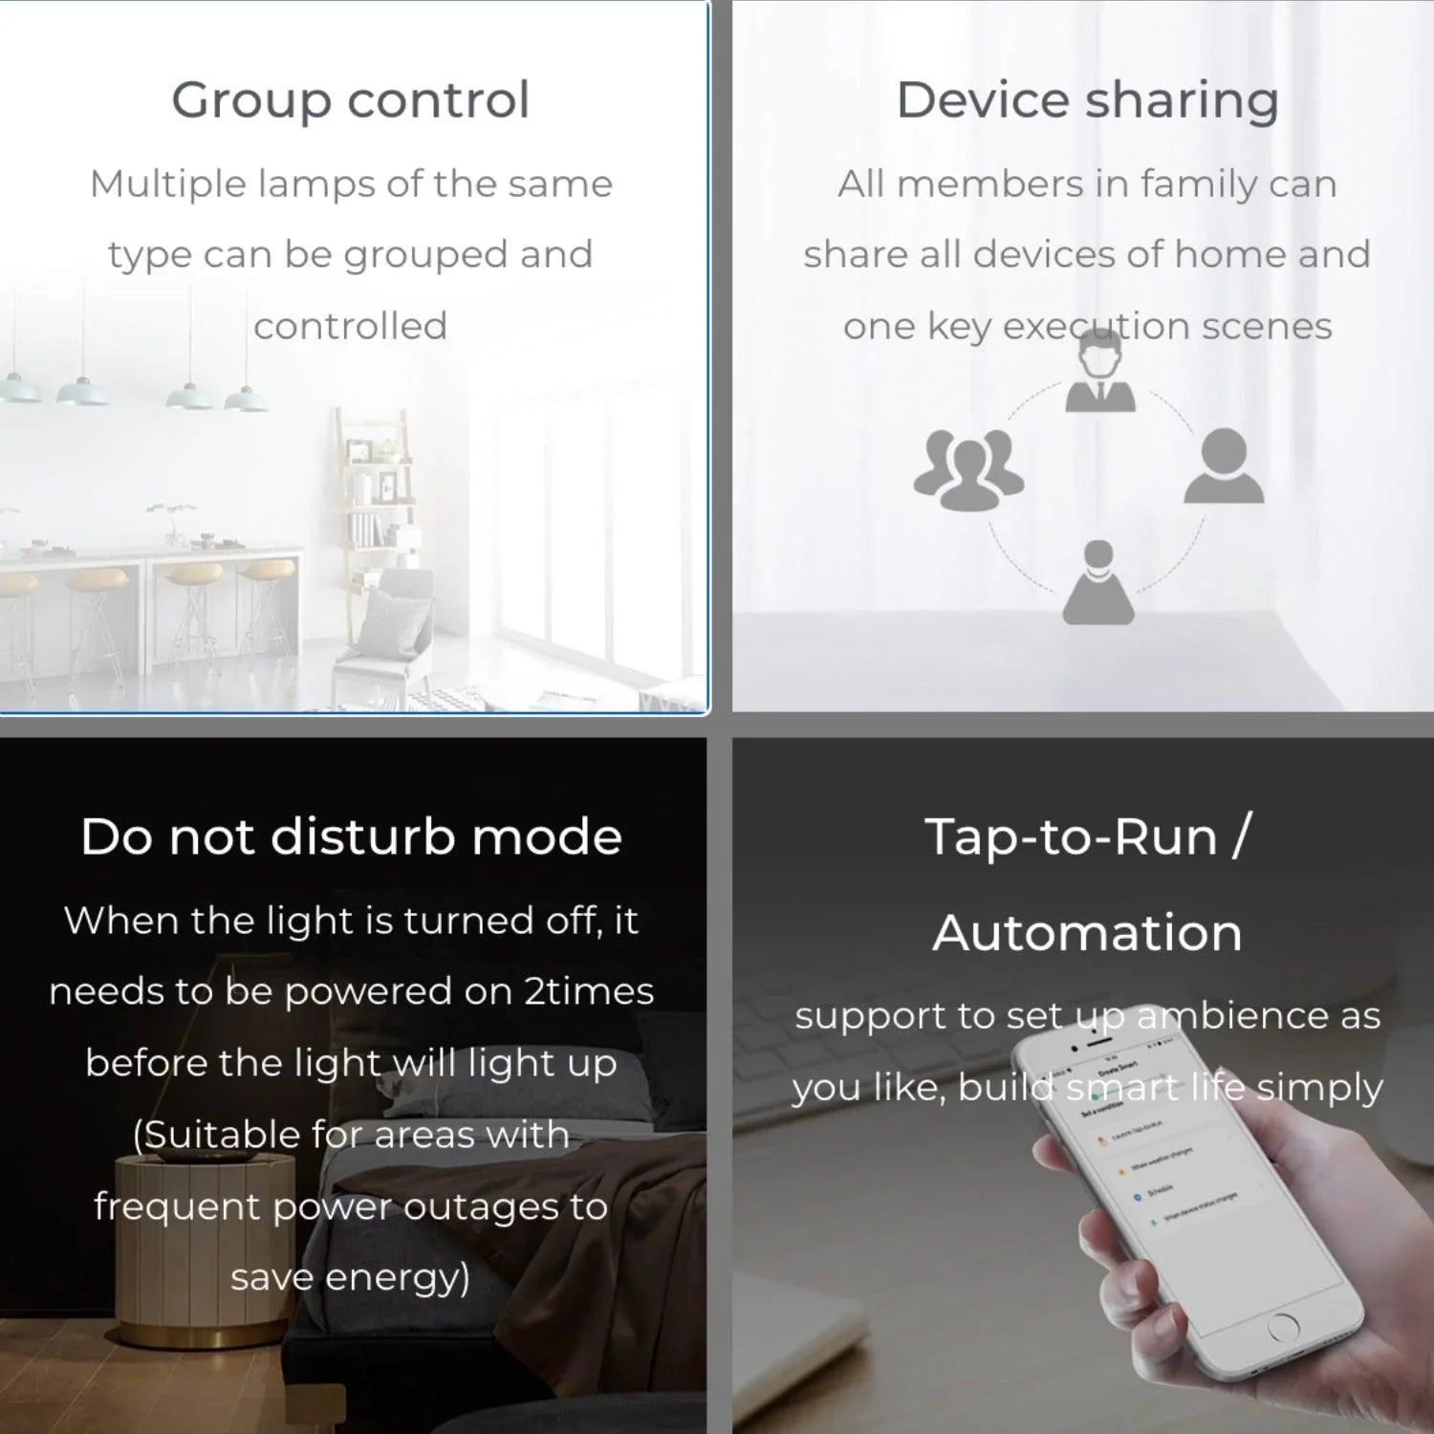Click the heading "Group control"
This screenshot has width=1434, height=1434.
pos(350,100)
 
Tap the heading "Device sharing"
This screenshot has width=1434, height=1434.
pos(1087,100)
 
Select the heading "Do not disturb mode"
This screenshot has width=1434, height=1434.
pos(351,836)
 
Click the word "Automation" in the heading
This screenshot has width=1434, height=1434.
pos(1087,932)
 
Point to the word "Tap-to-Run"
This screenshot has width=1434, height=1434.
pos(1070,836)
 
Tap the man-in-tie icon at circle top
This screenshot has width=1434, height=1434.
pos(1100,376)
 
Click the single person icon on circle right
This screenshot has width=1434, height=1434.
pos(1224,466)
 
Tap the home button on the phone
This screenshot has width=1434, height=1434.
pos(1282,1326)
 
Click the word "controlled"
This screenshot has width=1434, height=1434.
pos(350,326)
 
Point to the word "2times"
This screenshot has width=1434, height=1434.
pos(589,991)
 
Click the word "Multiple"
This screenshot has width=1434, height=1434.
pos(167,184)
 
